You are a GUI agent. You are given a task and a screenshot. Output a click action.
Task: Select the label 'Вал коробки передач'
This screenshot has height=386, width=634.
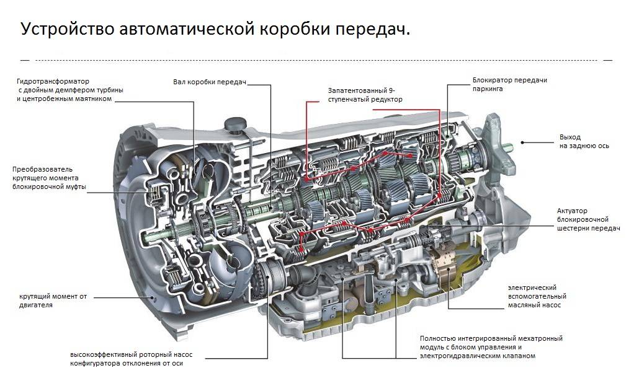coord(210,82)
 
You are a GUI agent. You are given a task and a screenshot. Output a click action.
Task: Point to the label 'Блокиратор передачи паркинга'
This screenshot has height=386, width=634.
coord(509,84)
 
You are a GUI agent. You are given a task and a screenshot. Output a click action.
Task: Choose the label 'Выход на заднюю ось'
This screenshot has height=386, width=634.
coord(584,141)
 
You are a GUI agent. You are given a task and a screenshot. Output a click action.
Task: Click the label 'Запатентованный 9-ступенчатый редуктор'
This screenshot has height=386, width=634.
coord(365,95)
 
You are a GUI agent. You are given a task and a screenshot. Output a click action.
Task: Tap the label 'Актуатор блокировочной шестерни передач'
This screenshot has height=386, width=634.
coord(589,220)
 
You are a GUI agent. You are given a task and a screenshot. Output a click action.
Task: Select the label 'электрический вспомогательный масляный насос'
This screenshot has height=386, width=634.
coord(537,296)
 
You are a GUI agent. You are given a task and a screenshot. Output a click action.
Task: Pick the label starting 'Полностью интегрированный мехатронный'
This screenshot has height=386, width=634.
coord(491,347)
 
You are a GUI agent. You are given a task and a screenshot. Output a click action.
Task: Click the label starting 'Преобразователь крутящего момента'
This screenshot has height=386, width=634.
coord(49,178)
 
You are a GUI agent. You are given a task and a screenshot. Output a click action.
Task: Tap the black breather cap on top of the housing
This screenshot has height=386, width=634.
coord(234,124)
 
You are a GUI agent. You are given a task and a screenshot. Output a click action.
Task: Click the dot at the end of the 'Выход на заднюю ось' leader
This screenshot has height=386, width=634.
coord(523,142)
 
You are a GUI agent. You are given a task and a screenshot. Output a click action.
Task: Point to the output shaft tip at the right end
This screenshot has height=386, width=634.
coord(510,147)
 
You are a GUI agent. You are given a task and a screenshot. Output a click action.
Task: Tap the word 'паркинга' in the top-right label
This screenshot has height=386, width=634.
coord(488,89)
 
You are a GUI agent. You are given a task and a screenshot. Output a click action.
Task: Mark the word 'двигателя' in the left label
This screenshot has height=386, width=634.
coord(36,305)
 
